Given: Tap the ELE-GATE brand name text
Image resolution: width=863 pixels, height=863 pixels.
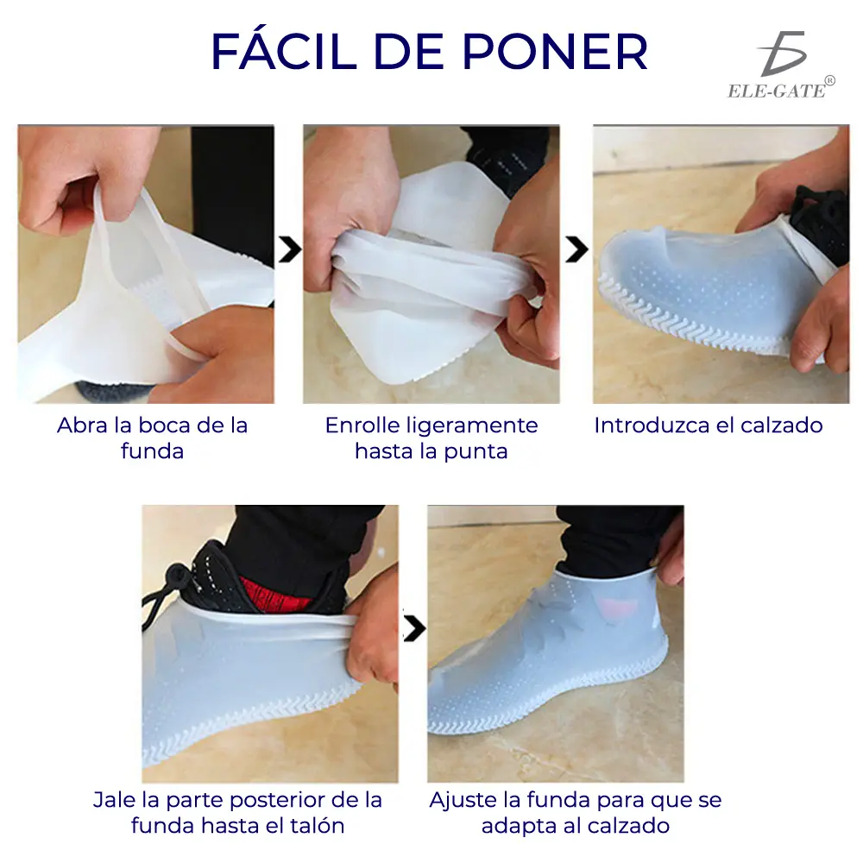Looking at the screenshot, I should point(776,91).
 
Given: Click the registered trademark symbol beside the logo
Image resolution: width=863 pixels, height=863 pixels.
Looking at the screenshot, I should point(829,81).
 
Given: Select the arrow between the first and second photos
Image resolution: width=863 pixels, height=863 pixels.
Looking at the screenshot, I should point(290,251).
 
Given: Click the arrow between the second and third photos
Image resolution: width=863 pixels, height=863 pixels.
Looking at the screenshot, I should point(576,251).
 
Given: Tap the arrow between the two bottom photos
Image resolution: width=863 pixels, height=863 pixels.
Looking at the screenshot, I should point(414,629).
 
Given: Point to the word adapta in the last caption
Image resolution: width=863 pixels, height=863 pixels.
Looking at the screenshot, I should point(518,826).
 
